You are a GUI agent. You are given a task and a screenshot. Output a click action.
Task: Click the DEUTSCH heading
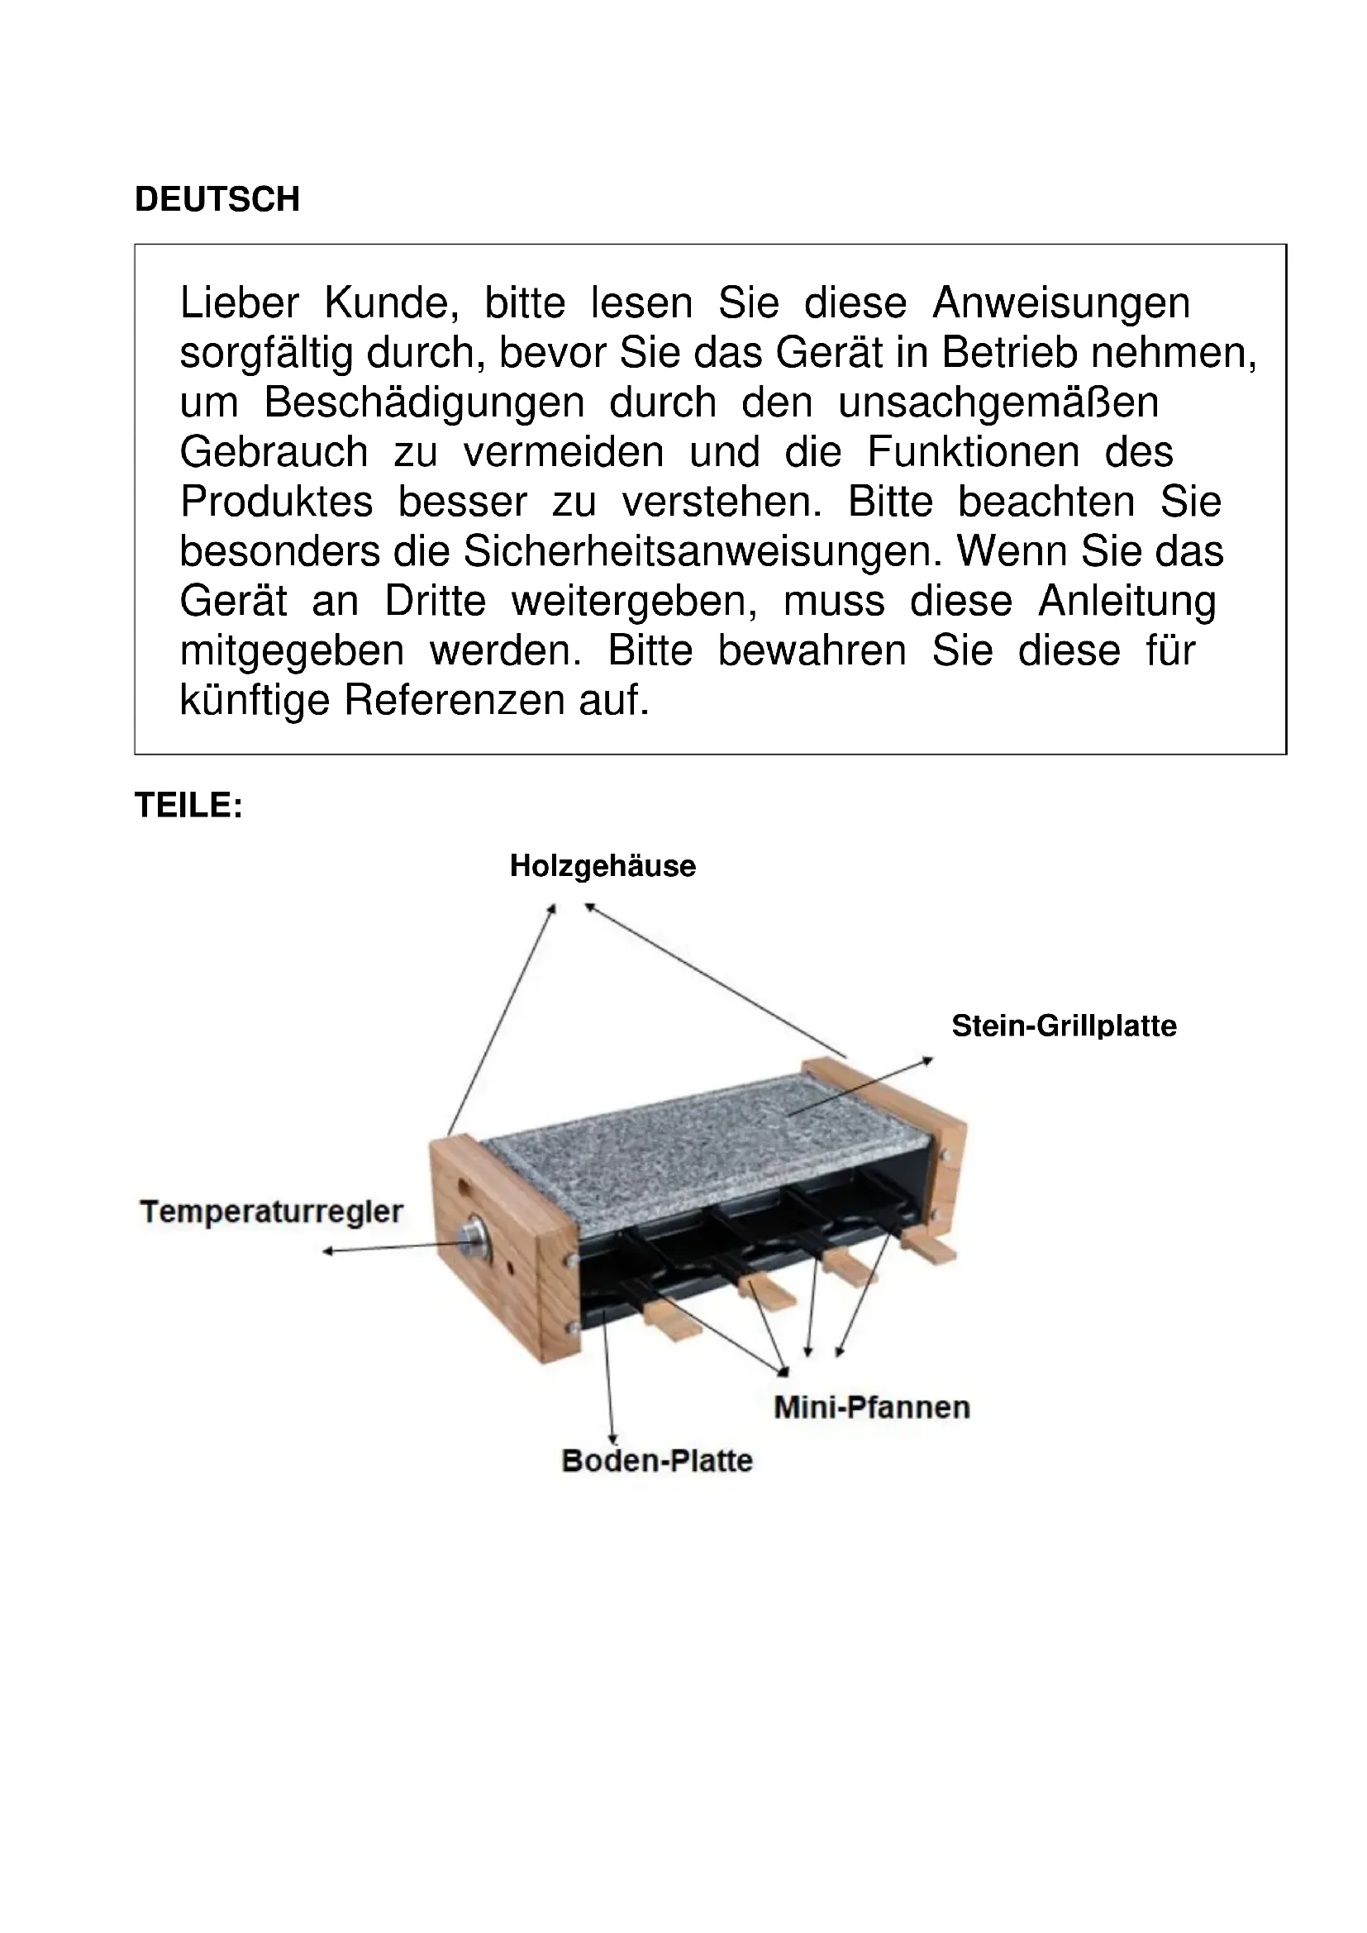[217, 199]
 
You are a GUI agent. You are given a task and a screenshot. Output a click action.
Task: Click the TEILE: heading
[188, 806]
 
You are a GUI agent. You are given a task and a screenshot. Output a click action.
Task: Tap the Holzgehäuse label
[603, 866]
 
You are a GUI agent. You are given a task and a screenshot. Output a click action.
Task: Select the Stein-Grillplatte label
[1064, 1026]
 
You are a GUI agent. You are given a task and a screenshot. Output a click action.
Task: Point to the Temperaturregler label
[272, 1212]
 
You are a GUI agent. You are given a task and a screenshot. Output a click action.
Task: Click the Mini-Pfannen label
[872, 1407]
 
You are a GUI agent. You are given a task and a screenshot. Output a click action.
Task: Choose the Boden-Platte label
[656, 1460]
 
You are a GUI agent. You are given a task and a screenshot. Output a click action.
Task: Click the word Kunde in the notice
[392, 303]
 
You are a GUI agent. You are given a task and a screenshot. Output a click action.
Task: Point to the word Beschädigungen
[424, 402]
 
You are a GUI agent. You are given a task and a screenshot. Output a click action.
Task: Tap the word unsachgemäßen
[998, 402]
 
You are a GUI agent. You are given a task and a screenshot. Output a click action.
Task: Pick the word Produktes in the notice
[277, 502]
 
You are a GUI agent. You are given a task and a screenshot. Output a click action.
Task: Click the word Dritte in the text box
[436, 601]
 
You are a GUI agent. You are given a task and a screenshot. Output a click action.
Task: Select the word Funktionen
[973, 452]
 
